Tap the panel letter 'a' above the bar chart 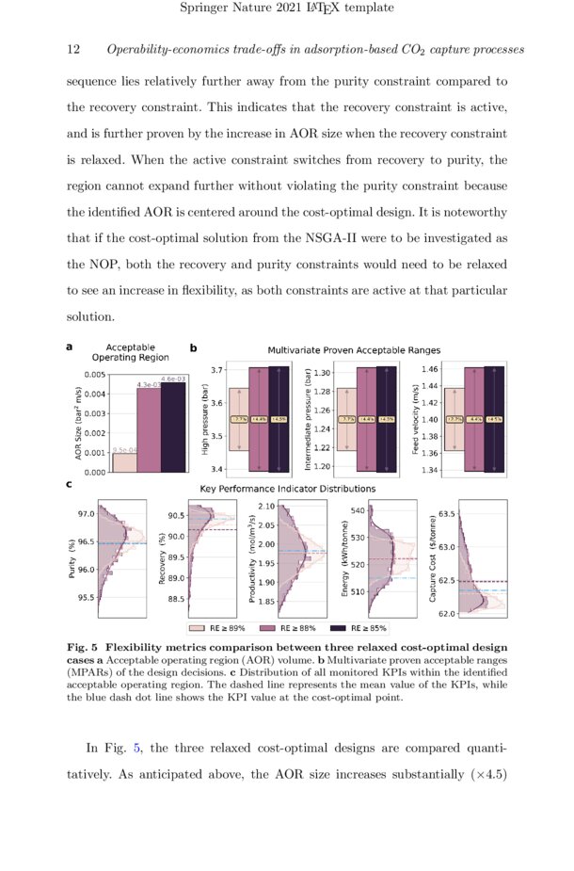70,347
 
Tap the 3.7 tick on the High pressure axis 217,370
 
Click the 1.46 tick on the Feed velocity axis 429,369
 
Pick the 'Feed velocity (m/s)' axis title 416,421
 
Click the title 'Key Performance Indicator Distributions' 287,489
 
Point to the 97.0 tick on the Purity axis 86,514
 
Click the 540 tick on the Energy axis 357,510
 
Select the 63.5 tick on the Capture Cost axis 446,514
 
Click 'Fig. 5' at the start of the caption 83,647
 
